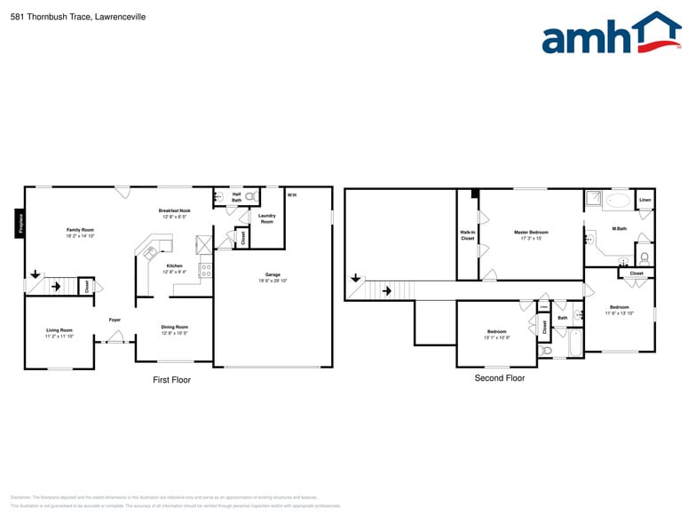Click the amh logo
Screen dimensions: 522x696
coord(611,35)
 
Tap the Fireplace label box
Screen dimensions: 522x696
coord(20,223)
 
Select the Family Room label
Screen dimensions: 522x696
coord(80,230)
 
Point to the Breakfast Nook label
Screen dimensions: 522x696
coord(175,210)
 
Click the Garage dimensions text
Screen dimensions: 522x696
coord(273,281)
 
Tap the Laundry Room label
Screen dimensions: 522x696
coord(267,217)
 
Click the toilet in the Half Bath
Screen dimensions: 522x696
coord(250,195)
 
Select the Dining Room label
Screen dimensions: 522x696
coord(174,327)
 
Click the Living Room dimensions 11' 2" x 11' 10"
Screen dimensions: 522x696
coord(59,336)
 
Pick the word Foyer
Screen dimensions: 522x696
coord(115,320)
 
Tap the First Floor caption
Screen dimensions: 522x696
coord(172,380)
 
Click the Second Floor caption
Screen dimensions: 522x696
coord(500,378)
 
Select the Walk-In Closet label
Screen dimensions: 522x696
coord(467,235)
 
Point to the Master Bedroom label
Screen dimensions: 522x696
coord(531,233)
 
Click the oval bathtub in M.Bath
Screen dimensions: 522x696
coord(617,201)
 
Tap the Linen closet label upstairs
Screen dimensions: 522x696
coord(645,199)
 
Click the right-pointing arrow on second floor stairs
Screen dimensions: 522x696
coord(386,290)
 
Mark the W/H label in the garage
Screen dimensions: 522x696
coord(292,194)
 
